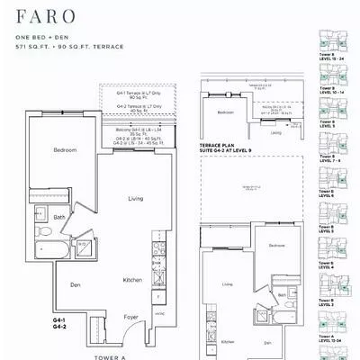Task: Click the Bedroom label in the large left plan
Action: [x=64, y=148]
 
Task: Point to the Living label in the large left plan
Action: [x=136, y=198]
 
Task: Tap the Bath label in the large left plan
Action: [x=58, y=217]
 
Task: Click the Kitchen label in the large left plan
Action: [x=132, y=280]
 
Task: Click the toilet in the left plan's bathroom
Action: [x=41, y=215]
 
